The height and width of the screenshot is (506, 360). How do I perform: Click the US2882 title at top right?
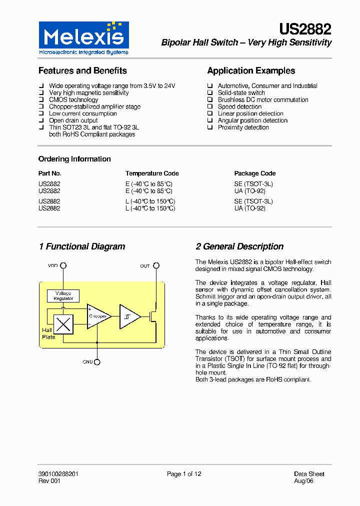(305, 30)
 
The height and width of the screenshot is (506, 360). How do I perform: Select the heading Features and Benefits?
(82, 71)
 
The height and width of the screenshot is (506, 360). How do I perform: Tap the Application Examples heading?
(251, 71)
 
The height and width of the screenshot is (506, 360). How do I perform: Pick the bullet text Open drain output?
(73, 120)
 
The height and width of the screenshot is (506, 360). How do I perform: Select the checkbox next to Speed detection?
(210, 107)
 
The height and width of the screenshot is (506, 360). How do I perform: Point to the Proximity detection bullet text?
(243, 127)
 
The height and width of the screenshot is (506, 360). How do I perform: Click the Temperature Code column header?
(152, 173)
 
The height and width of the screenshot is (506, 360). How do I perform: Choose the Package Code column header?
(255, 173)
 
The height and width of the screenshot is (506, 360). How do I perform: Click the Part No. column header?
(50, 173)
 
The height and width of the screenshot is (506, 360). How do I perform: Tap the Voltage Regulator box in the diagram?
(63, 296)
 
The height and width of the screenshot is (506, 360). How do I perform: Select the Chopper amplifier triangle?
(98, 316)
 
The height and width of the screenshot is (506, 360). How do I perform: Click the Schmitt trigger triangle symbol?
(129, 316)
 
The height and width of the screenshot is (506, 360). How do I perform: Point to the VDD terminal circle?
(63, 265)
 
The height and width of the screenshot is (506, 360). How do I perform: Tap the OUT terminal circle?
(156, 265)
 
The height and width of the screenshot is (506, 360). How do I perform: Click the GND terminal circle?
(97, 362)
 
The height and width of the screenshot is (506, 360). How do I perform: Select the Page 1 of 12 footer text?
(184, 474)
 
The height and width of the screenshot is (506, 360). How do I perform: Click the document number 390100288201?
(58, 474)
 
